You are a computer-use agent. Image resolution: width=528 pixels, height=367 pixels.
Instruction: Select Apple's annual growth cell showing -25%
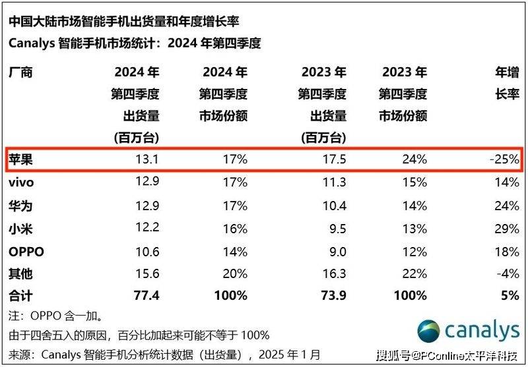(x=504, y=159)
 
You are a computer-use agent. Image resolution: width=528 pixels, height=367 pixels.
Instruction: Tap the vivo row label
(x=20, y=183)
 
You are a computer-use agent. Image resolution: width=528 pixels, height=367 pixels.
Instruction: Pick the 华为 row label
(x=19, y=206)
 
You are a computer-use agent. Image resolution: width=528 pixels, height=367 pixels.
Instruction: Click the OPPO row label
(x=24, y=252)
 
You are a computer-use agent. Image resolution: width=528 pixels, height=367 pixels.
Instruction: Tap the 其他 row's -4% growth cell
(x=508, y=274)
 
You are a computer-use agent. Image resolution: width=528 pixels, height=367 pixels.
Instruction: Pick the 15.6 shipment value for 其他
(x=147, y=274)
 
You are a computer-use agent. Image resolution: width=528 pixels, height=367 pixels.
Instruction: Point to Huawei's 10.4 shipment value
(x=333, y=206)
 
